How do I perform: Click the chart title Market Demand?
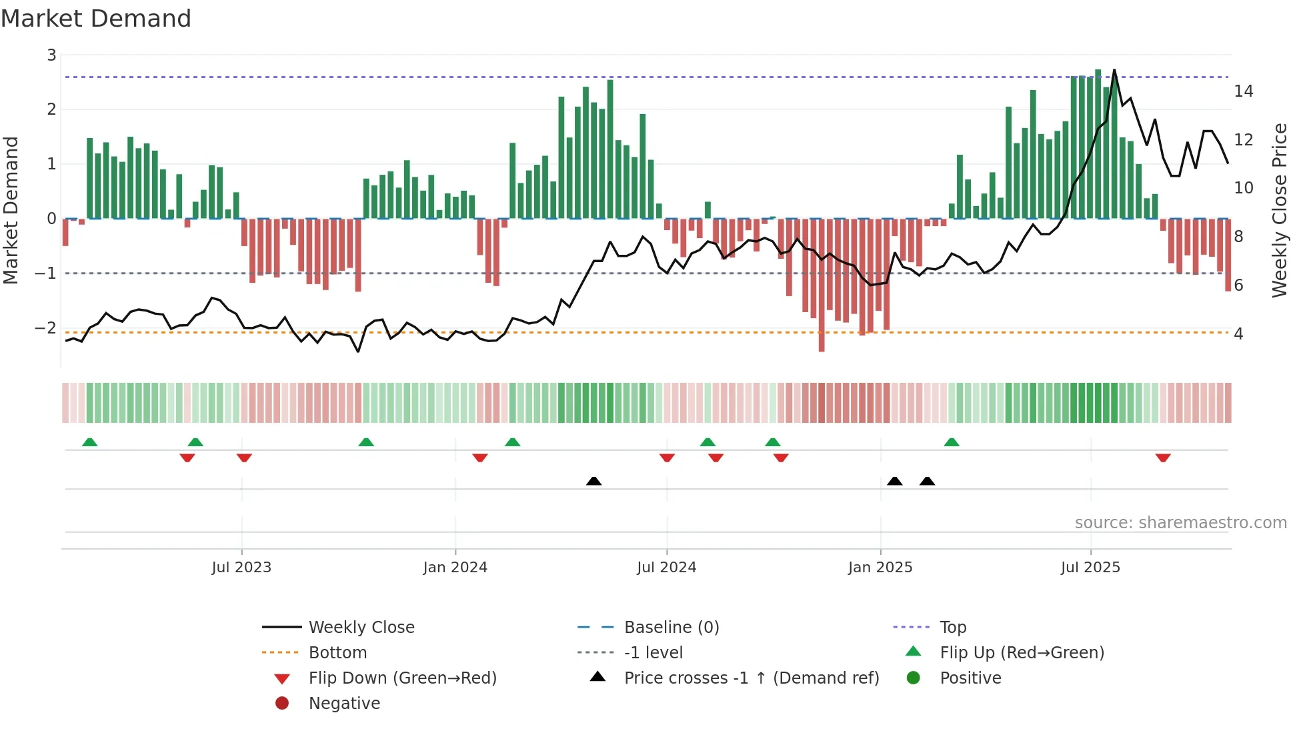96,19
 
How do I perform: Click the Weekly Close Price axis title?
1279,210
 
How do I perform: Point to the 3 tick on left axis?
51,55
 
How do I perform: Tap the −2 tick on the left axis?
45,327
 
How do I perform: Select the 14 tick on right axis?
1243,91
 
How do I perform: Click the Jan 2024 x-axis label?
455,568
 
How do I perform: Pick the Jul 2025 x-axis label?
1090,568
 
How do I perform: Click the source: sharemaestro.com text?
1180,523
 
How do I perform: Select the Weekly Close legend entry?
361,627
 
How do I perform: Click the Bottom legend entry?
337,652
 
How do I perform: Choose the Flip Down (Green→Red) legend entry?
402,678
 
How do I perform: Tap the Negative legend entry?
344,703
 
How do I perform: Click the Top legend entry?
952,627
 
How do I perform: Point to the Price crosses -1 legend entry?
751,678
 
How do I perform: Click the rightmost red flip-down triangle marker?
1163,458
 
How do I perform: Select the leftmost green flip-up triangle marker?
89,442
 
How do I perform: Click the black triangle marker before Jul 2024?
593,481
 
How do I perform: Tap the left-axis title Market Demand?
11,210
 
